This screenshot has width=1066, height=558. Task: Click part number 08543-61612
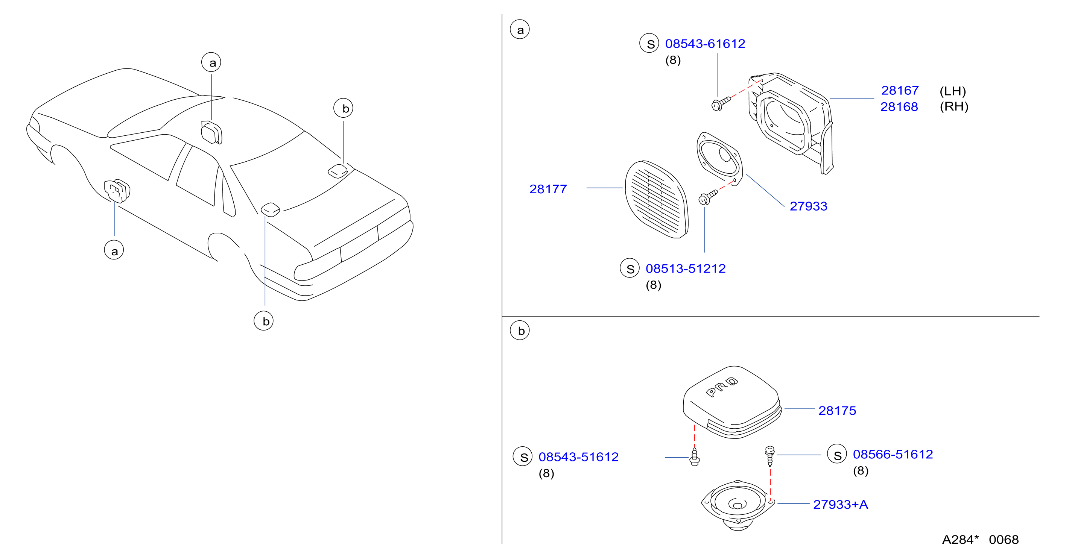click(x=705, y=44)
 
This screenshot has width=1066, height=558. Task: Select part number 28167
click(x=900, y=91)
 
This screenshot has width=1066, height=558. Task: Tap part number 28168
click(x=899, y=107)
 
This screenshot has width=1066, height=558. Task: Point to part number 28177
click(x=548, y=189)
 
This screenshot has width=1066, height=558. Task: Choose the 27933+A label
click(x=841, y=505)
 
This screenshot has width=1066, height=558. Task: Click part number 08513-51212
click(x=685, y=269)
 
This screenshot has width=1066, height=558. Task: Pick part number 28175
click(x=837, y=411)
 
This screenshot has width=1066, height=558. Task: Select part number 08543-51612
click(x=578, y=457)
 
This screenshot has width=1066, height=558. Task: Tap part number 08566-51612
click(x=893, y=455)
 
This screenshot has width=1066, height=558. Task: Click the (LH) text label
click(x=953, y=91)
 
